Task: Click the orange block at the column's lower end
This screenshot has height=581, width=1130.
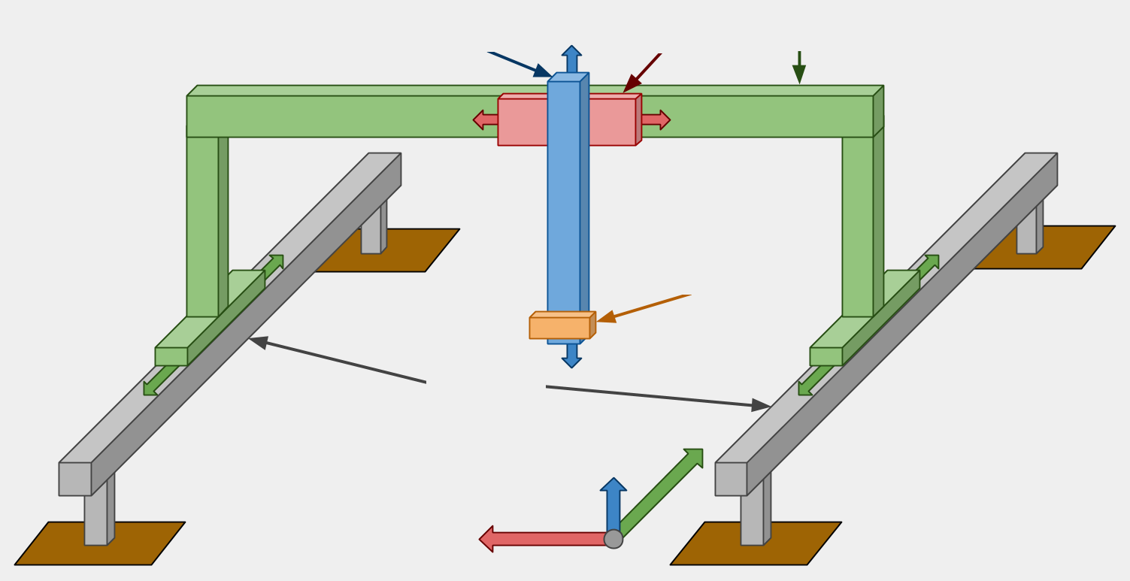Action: click(559, 328)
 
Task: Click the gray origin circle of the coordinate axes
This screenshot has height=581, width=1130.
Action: click(613, 539)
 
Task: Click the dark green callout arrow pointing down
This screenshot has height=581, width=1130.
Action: click(799, 68)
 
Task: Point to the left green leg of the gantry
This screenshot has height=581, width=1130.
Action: click(202, 225)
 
